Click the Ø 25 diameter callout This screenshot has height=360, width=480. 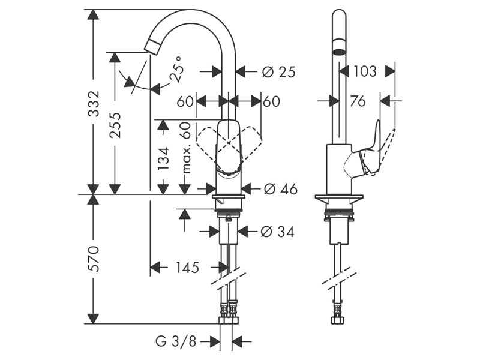coord(279,72)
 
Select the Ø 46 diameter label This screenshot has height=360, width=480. coord(280,189)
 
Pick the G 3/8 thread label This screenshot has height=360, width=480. coord(175,342)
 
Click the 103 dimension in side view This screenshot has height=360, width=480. coord(365,71)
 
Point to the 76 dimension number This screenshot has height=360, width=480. coord(358,101)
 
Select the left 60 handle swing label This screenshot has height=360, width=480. coord(185,101)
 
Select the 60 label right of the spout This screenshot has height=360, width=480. coord(271,101)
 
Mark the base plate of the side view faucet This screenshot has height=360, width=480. coord(340,199)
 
